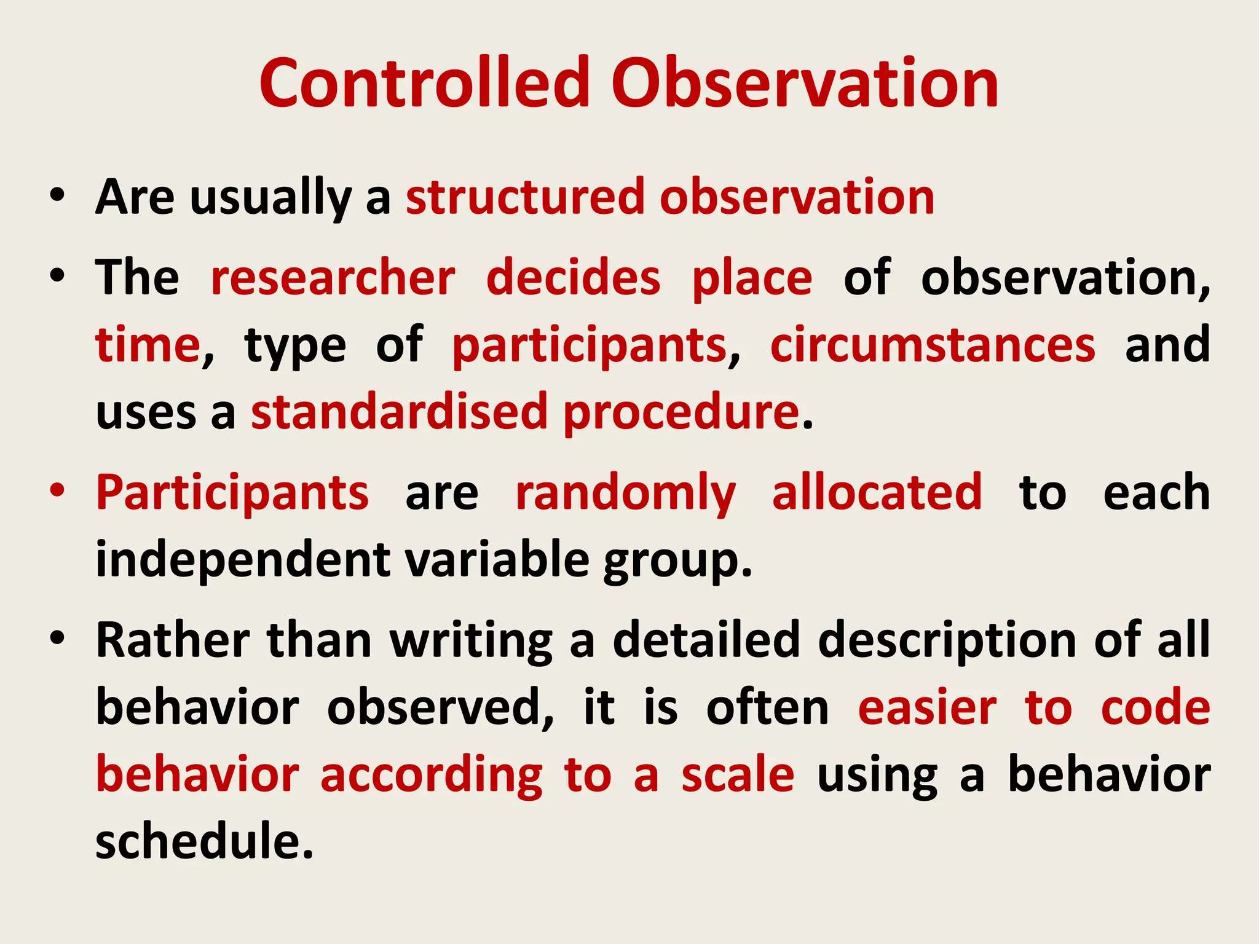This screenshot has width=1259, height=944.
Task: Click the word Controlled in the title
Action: point(424,83)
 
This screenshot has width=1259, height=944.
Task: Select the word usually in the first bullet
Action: point(270,198)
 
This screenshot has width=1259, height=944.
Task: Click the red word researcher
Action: point(333,278)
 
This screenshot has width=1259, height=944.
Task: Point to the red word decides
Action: point(573,278)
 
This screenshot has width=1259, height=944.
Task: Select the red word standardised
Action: point(399,411)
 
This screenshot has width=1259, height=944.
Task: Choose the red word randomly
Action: point(625,494)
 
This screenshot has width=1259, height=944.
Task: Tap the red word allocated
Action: point(877,492)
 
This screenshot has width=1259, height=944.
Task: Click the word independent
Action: point(243,560)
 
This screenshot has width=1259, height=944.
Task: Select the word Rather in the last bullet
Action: point(173,640)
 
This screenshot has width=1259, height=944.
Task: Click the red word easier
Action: point(927,707)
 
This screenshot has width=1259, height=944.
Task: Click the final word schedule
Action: point(203,841)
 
